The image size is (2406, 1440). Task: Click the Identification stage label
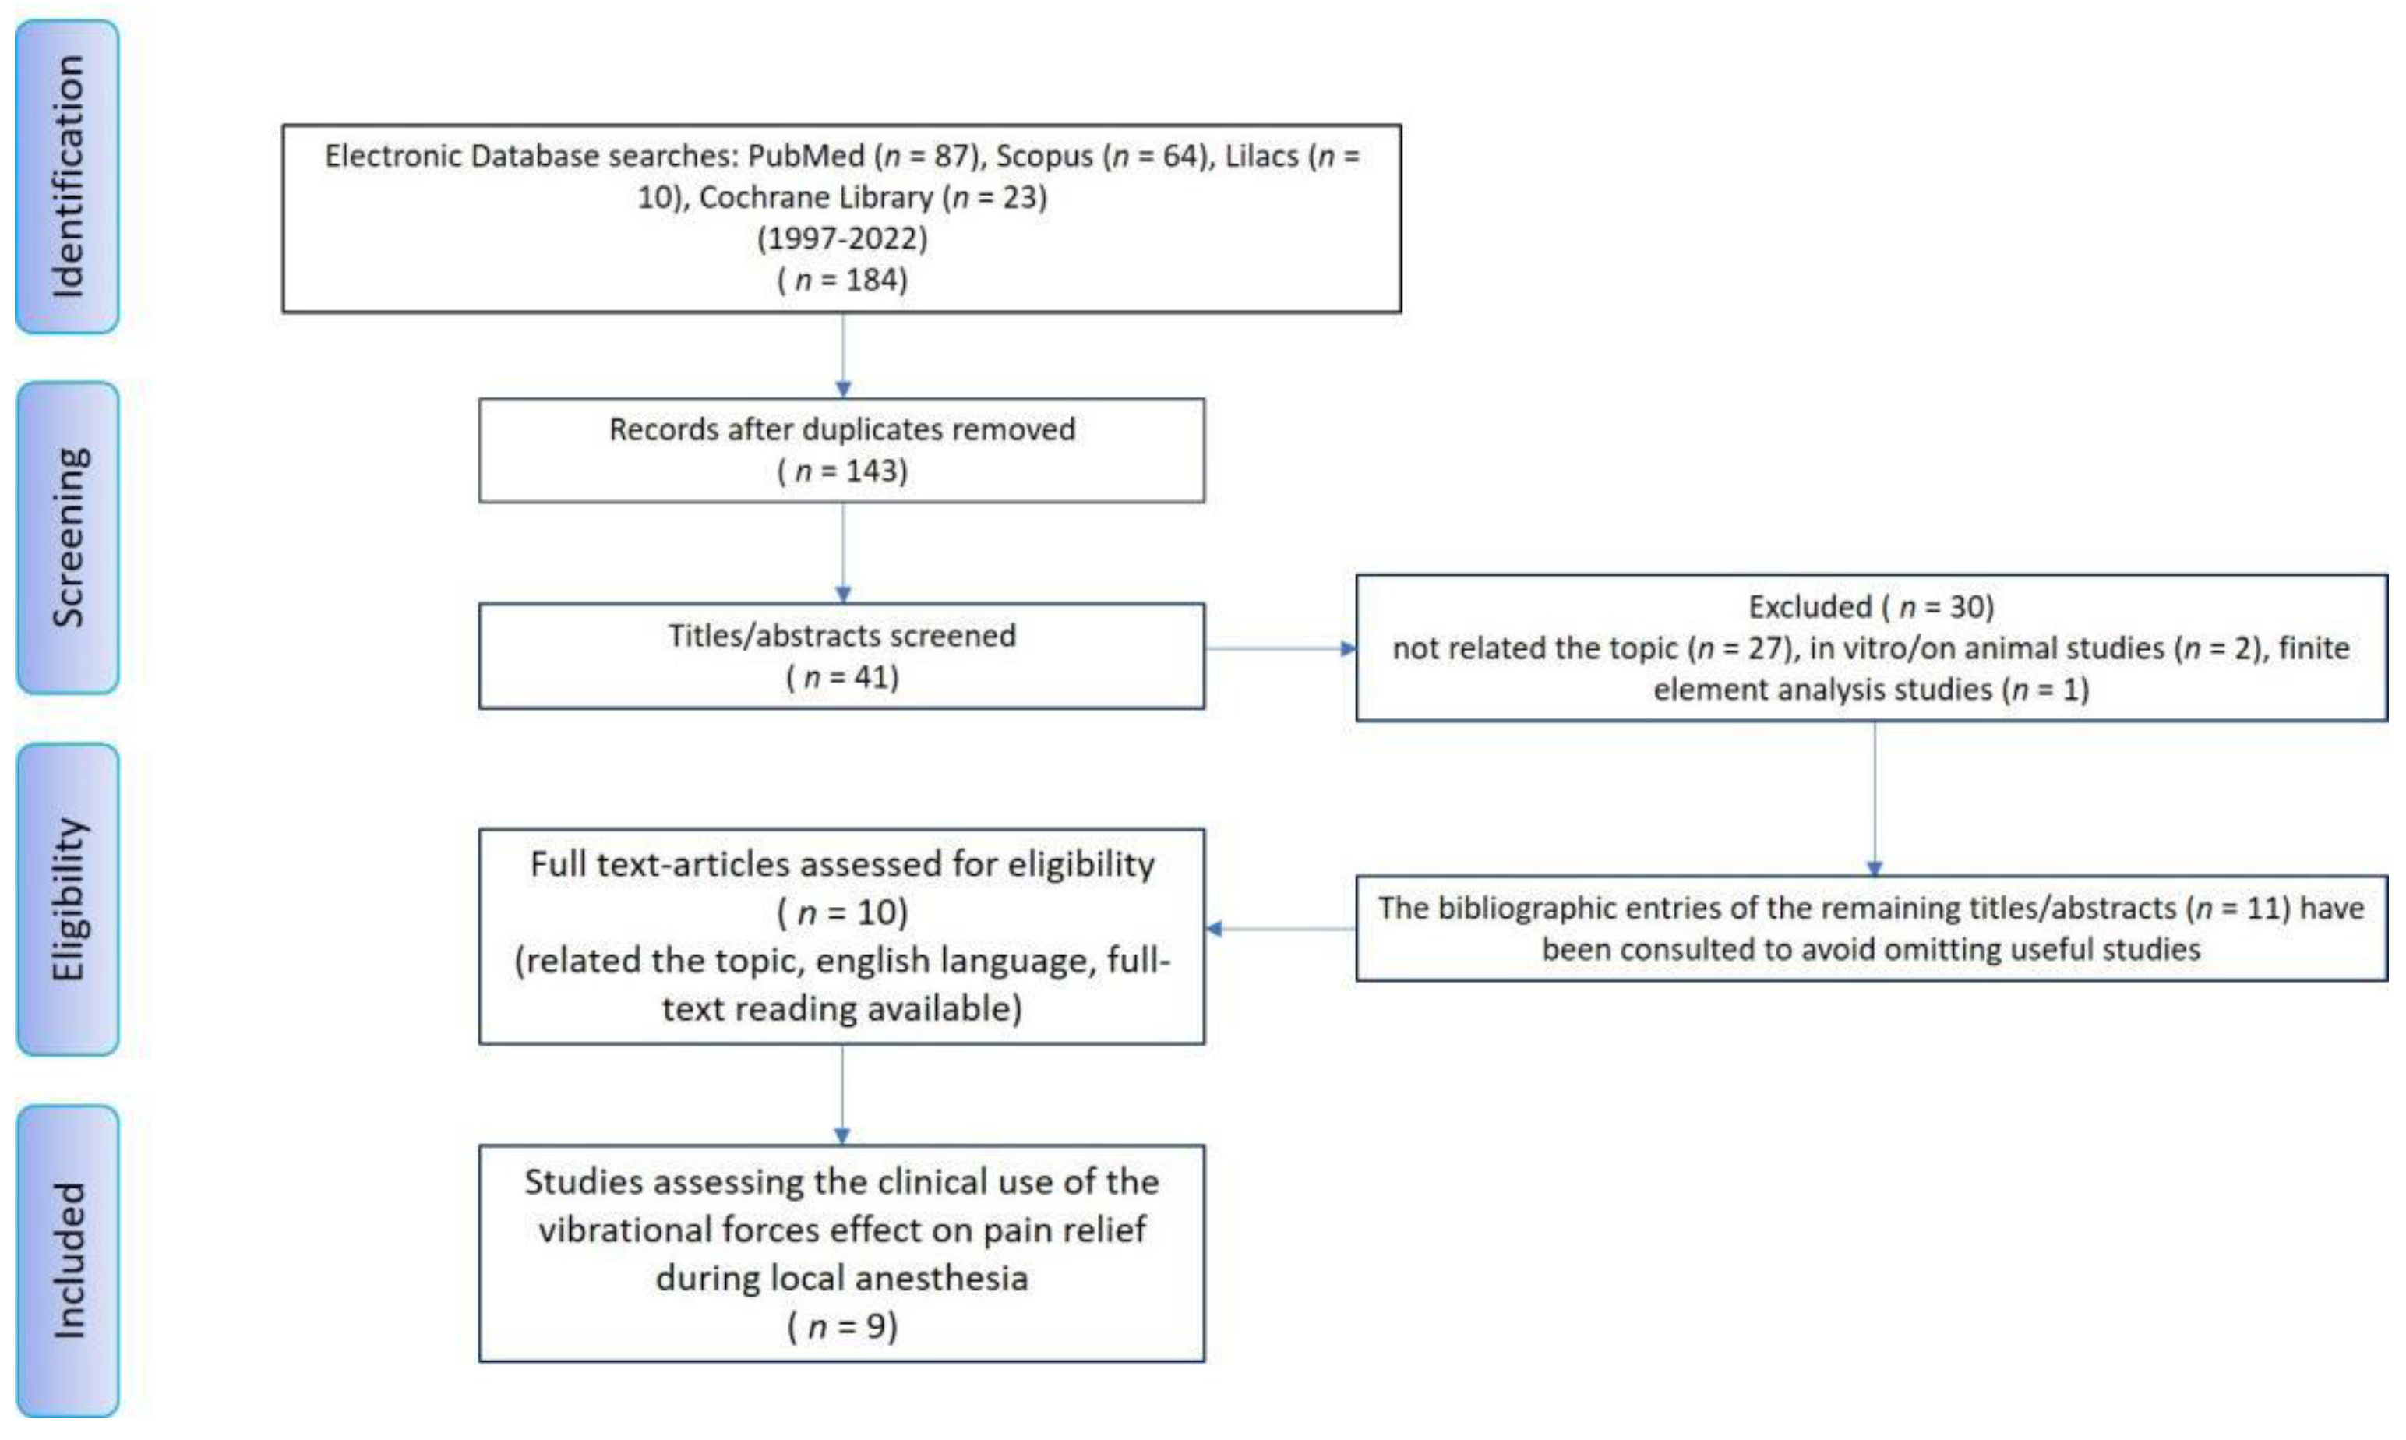pos(68,177)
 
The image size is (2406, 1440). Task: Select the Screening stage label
pos(68,538)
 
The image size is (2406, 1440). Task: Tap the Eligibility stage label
pos(68,899)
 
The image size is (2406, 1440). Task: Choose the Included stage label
pos(68,1261)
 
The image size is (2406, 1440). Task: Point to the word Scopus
pos(1044,156)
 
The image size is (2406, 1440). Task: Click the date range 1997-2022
pos(842,238)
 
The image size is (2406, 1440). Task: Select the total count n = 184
pos(842,281)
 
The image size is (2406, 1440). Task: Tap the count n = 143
pos(842,471)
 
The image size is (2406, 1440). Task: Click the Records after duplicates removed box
pos(842,450)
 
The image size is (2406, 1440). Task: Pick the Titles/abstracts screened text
pos(842,636)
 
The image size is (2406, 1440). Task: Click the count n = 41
pos(842,677)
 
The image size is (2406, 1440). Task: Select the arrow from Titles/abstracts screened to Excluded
pos(1281,648)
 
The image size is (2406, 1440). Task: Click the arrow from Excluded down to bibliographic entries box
pos(1875,799)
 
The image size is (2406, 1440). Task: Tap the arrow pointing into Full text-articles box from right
pos(1281,929)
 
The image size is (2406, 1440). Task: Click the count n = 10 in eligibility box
pos(842,913)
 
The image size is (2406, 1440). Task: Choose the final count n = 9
pos(842,1326)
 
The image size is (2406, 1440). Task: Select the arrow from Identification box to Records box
pos(843,355)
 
